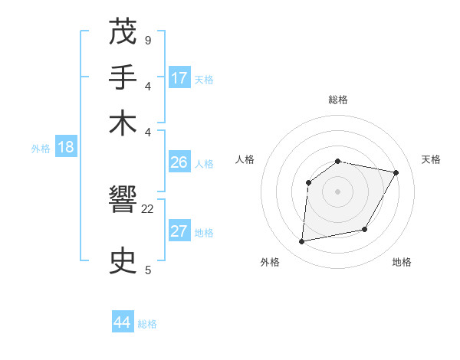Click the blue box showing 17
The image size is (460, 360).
click(x=179, y=77)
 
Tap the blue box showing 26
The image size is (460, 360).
click(x=179, y=162)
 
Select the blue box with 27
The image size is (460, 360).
click(x=179, y=231)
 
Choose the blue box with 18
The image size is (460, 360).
click(x=66, y=148)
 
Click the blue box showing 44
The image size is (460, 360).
click(x=123, y=322)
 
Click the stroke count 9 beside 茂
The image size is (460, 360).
click(x=147, y=39)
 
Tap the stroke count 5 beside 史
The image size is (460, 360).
click(x=147, y=269)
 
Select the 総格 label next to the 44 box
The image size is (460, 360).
click(x=148, y=324)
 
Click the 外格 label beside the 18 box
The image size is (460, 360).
click(x=41, y=149)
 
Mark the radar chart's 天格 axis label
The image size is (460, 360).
click(x=431, y=159)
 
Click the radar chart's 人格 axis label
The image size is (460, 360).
click(x=245, y=159)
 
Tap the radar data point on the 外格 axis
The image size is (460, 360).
click(x=302, y=242)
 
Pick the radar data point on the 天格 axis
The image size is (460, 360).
click(x=396, y=172)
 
